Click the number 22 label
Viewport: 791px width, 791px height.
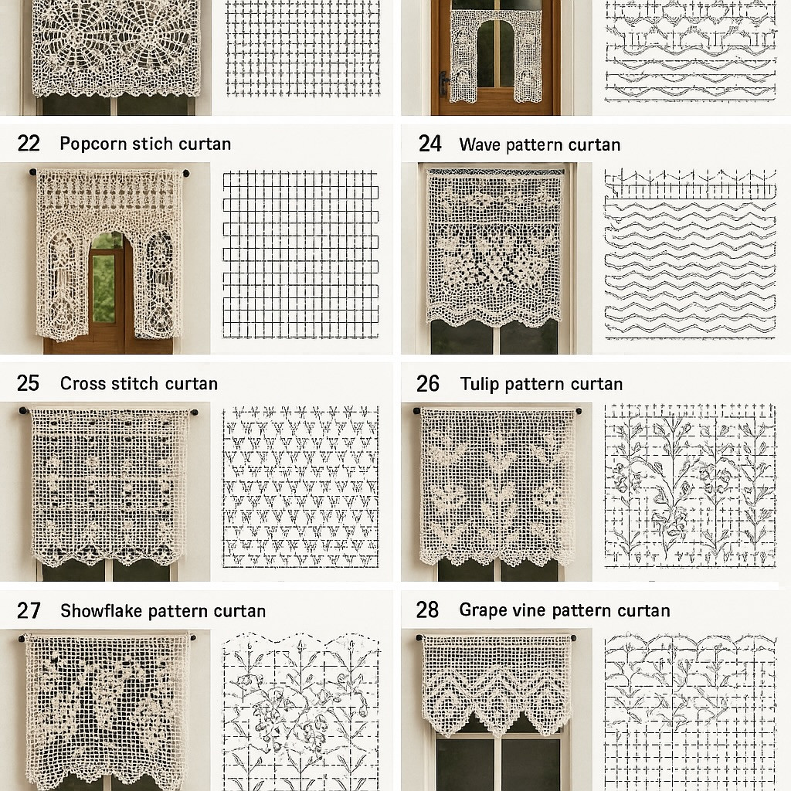click(x=29, y=144)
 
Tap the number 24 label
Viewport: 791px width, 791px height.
click(x=429, y=144)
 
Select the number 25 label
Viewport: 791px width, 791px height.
click(x=29, y=383)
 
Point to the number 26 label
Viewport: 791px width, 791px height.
click(x=428, y=383)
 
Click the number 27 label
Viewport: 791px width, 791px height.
click(x=29, y=611)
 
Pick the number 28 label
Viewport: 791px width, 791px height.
click(x=427, y=610)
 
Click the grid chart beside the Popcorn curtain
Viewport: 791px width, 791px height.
click(x=300, y=254)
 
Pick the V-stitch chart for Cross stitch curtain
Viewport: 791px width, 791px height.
click(x=300, y=487)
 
